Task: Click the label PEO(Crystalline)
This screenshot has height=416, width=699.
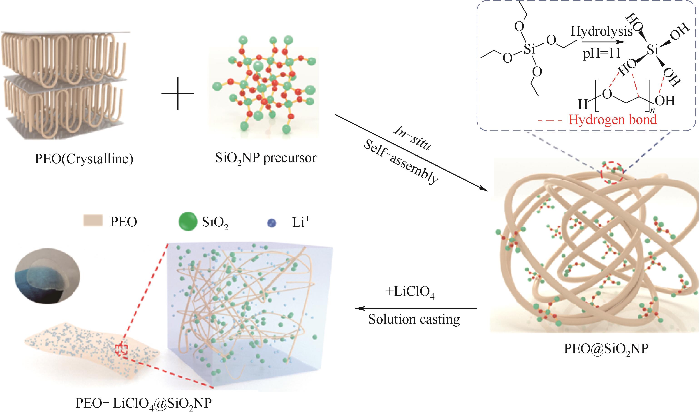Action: coord(84,159)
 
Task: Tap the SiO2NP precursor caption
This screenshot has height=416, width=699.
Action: coord(266,158)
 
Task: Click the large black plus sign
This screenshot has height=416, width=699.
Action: coord(178,93)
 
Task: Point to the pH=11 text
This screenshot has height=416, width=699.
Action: coord(601,53)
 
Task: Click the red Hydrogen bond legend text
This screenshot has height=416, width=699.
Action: coord(612,120)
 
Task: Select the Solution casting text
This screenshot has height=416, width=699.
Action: coord(414,320)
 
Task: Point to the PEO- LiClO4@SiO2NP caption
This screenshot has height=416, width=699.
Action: coord(144,404)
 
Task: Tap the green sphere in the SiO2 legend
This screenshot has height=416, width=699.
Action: coord(187,222)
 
